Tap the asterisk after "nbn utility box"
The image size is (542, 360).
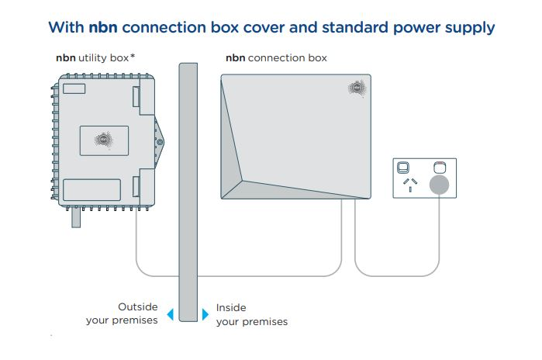(133, 57)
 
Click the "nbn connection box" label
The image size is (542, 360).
(275, 57)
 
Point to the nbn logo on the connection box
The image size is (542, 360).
(357, 88)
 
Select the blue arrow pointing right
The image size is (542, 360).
(205, 314)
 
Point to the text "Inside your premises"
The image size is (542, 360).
(251, 314)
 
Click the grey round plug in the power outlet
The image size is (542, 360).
(440, 184)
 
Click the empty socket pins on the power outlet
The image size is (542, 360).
(409, 184)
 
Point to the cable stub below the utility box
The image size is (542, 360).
(76, 220)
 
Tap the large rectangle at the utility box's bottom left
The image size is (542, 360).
(91, 190)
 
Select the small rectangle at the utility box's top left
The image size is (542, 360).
(74, 88)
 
